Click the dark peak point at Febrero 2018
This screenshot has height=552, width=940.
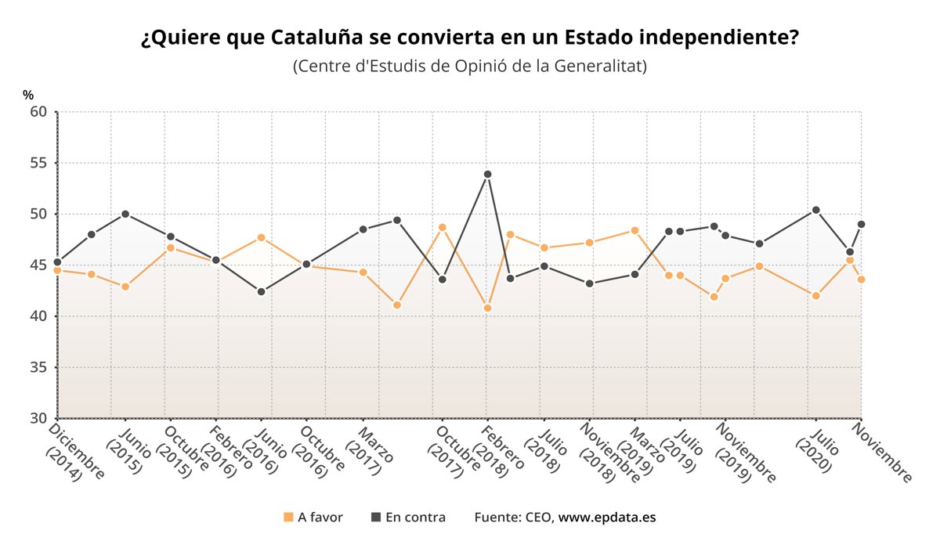(x=487, y=174)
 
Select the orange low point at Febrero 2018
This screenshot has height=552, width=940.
(x=487, y=308)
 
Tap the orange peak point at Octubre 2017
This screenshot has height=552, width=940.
(x=442, y=227)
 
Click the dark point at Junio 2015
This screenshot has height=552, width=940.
(x=125, y=214)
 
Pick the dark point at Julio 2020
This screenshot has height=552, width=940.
(x=816, y=210)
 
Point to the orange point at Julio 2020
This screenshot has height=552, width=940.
(x=816, y=296)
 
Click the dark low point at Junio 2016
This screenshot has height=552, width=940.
(x=261, y=291)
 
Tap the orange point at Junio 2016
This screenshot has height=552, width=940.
(x=261, y=237)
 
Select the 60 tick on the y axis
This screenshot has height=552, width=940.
(x=39, y=112)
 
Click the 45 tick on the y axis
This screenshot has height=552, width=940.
(x=39, y=265)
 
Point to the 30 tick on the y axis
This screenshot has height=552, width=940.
(x=39, y=418)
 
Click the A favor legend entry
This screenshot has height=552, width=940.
(x=313, y=518)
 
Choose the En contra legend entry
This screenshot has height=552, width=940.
(x=408, y=518)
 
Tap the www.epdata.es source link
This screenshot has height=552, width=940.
(x=607, y=518)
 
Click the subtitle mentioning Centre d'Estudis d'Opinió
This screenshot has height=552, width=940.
(x=470, y=66)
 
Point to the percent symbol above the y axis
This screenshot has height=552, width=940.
(x=28, y=95)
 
